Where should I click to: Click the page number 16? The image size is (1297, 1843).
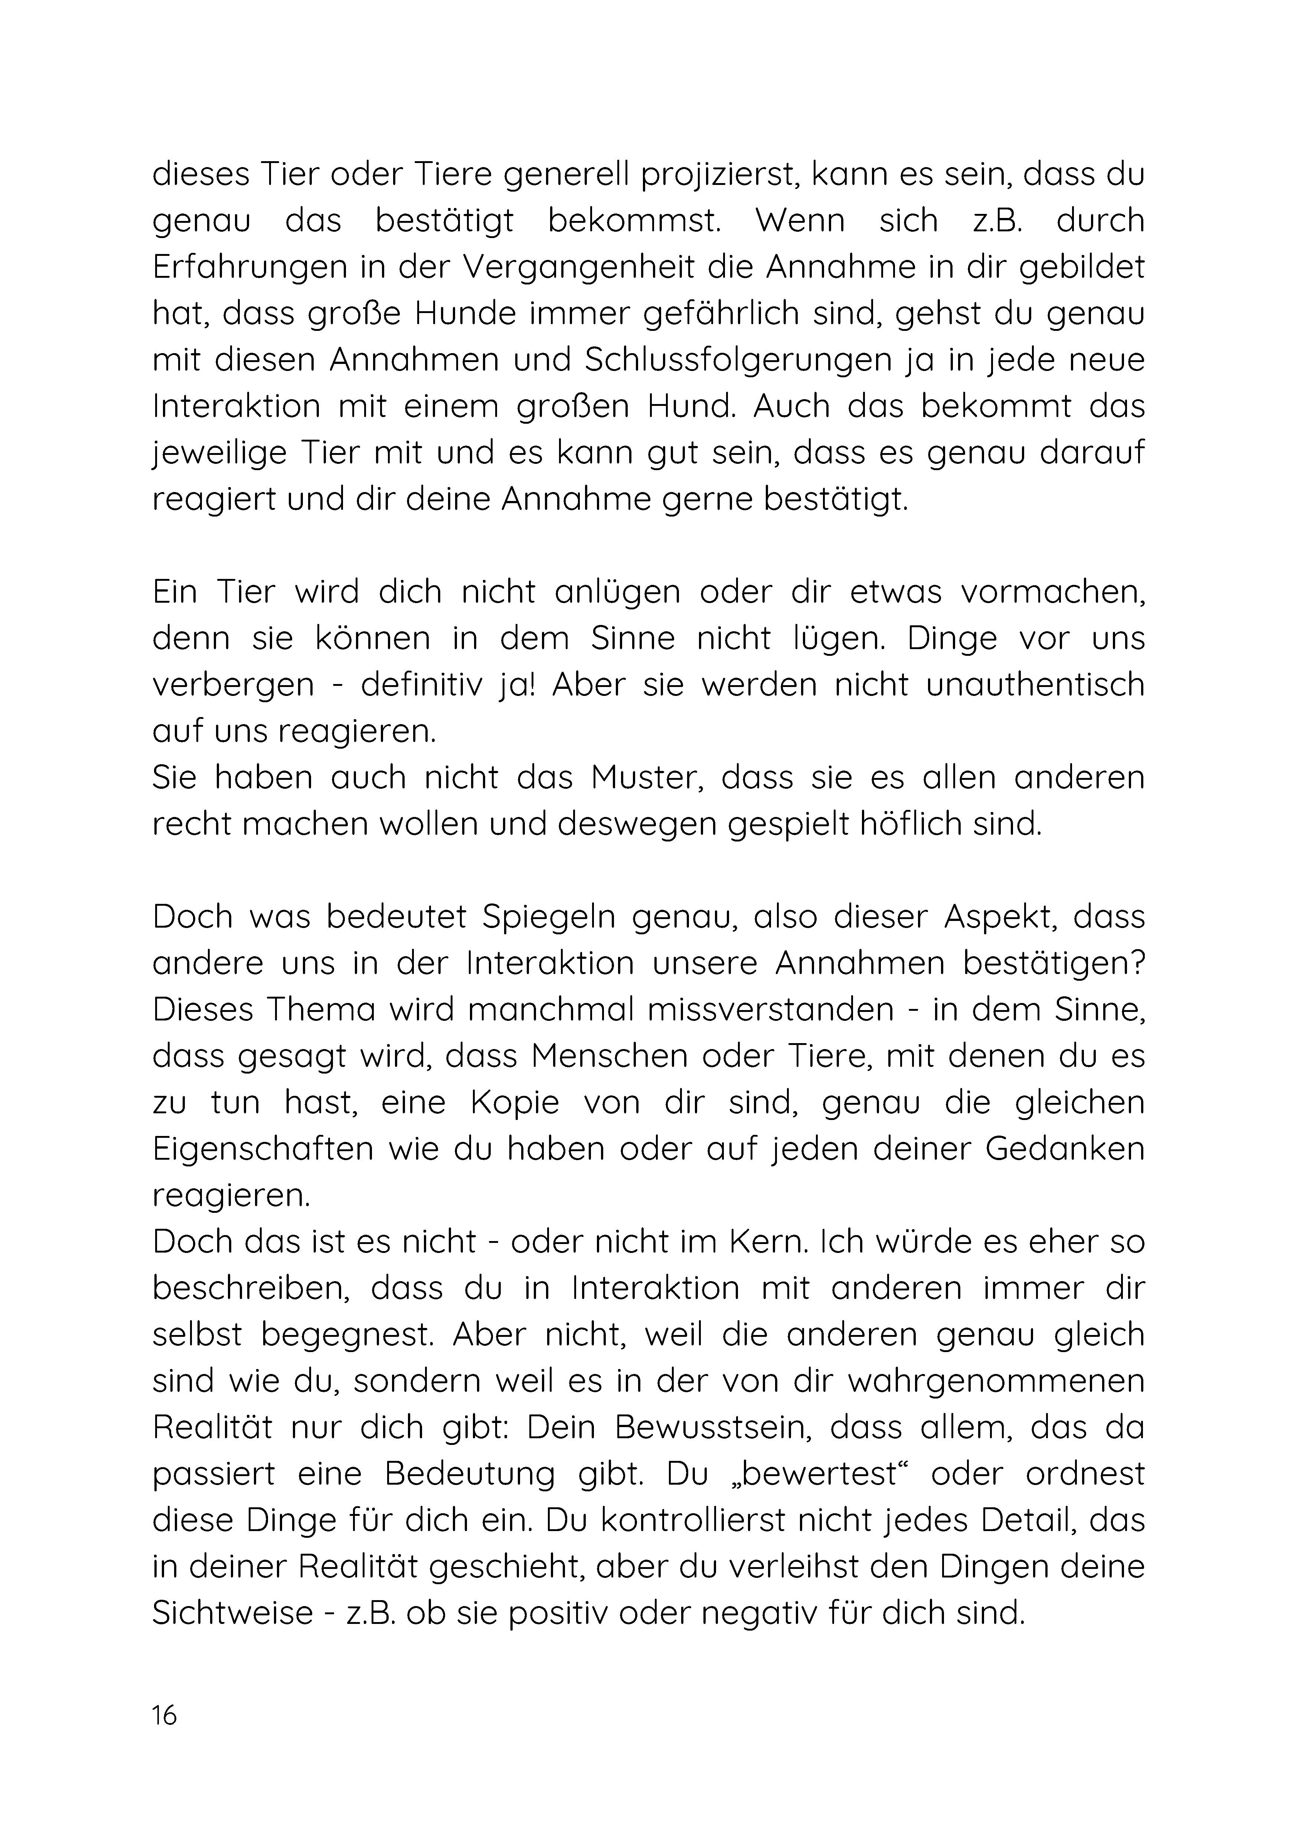164,1715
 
